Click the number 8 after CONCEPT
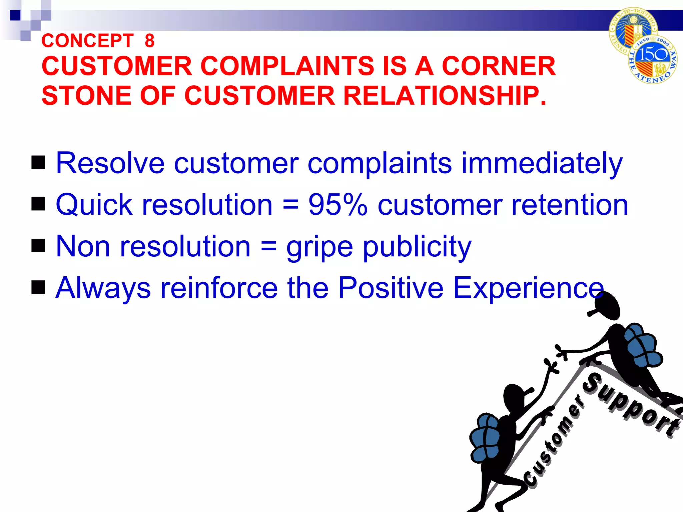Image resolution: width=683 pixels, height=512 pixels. click(x=149, y=41)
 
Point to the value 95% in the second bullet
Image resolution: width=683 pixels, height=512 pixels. click(x=337, y=205)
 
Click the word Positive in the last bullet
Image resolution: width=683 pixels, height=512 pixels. click(x=391, y=288)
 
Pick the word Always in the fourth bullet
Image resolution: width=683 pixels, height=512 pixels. click(x=103, y=288)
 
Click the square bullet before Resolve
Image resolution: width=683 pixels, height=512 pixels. click(x=38, y=162)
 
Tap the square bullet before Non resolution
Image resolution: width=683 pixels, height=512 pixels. click(x=38, y=246)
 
